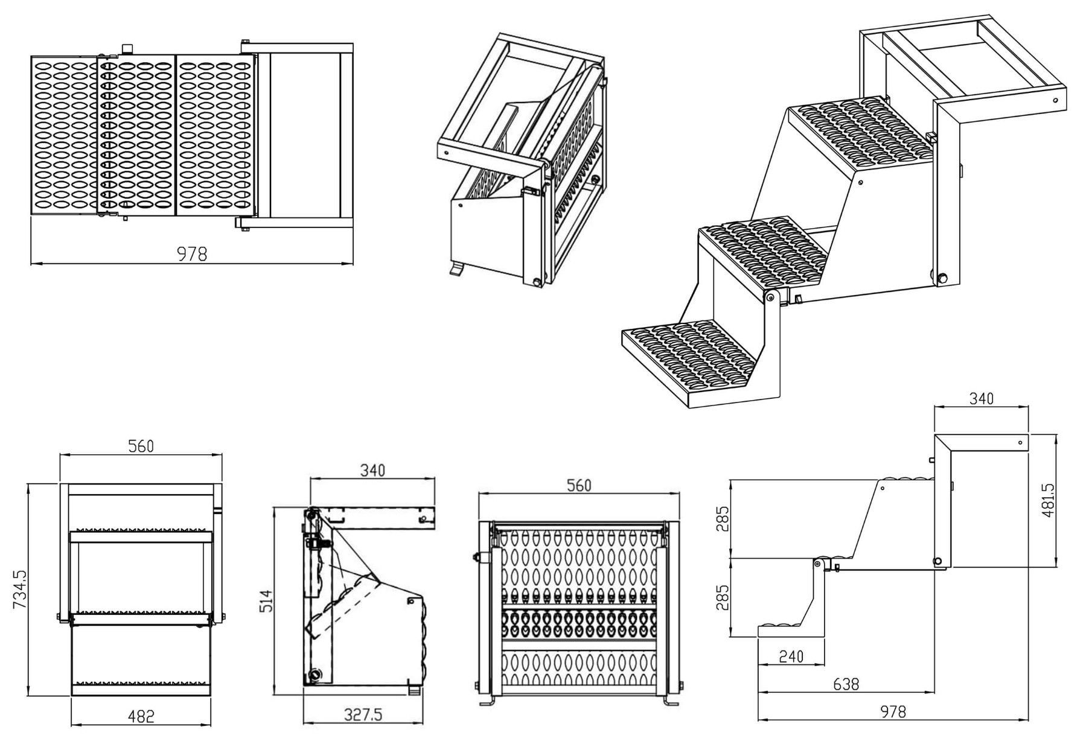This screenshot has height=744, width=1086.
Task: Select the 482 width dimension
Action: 141,716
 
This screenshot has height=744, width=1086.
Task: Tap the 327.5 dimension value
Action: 363,715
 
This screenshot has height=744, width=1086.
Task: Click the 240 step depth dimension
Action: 791,657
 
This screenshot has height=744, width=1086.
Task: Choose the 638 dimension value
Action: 846,684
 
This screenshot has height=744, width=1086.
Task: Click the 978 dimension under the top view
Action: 192,254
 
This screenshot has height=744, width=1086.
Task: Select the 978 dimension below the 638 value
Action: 893,712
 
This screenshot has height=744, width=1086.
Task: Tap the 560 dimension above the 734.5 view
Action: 141,446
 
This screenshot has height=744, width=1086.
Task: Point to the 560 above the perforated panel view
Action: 579,485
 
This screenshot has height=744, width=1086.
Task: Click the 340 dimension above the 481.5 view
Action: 981,398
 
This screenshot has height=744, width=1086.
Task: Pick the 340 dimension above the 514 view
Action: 372,470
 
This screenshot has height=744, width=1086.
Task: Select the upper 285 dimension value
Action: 723,519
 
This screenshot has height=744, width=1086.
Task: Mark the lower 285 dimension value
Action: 723,597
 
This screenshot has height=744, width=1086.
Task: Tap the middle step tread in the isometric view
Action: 762,253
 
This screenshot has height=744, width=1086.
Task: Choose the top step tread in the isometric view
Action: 860,133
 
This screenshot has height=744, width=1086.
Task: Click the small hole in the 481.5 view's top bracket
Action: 1020,443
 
